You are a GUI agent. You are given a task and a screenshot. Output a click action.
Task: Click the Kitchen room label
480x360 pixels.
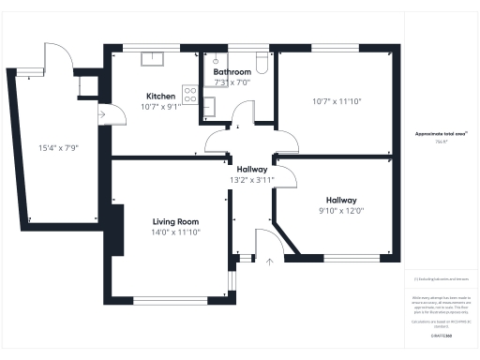(159, 97)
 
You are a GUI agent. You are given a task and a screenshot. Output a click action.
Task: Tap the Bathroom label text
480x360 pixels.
(232, 72)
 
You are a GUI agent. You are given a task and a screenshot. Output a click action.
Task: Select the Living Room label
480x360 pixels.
(176, 221)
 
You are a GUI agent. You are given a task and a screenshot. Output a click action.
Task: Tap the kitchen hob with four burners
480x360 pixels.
(189, 94)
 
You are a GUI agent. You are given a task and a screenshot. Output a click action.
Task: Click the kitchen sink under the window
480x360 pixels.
(150, 59)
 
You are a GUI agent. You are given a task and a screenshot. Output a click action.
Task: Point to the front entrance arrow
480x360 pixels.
(270, 260)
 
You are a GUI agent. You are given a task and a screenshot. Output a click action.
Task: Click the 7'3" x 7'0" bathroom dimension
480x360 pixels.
(232, 82)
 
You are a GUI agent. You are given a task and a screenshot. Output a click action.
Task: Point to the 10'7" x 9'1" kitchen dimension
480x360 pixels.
(159, 107)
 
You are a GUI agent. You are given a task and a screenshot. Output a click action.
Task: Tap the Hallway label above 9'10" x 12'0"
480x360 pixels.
(341, 200)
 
